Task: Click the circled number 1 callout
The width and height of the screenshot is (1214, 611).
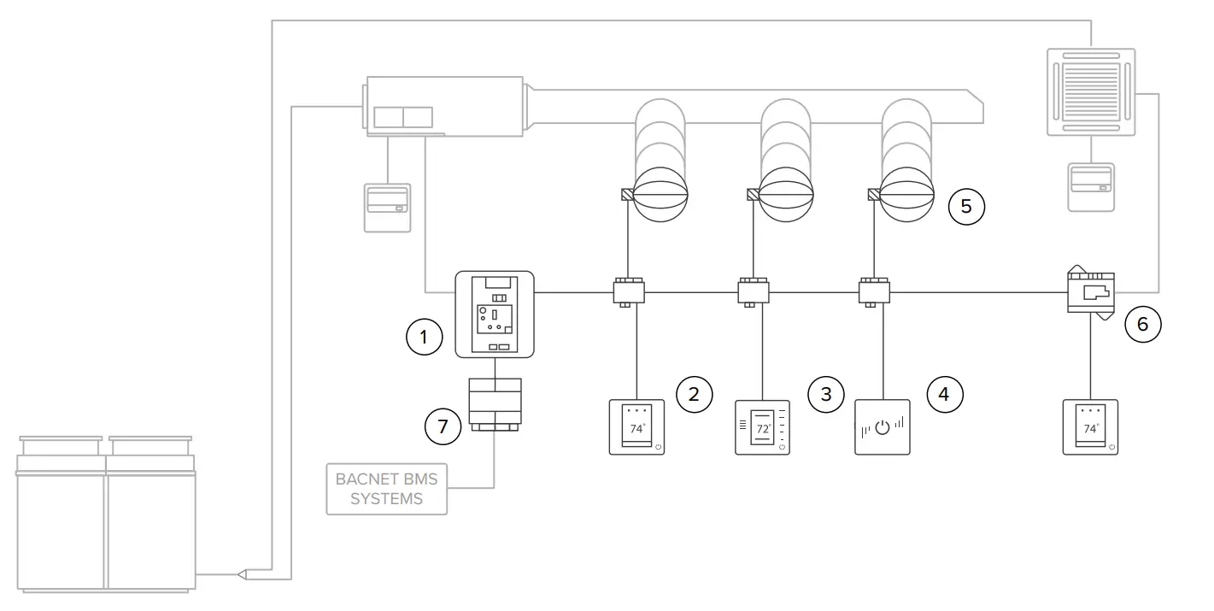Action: click(423, 338)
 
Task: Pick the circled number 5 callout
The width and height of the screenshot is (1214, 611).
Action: click(966, 206)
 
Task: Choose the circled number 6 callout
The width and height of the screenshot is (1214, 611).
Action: click(1143, 324)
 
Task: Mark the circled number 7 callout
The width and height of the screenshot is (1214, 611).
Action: click(443, 426)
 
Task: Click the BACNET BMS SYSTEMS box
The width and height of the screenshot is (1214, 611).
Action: click(386, 489)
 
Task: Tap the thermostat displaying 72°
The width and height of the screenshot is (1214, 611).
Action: click(762, 427)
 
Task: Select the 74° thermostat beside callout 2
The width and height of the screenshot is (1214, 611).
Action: click(636, 427)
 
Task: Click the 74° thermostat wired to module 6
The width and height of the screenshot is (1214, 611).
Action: click(1090, 427)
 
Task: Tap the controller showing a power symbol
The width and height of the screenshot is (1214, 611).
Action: click(883, 427)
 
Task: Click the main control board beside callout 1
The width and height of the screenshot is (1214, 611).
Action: click(495, 314)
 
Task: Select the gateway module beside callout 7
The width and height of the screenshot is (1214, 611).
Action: click(495, 403)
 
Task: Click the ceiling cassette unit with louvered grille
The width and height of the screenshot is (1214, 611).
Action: click(1091, 91)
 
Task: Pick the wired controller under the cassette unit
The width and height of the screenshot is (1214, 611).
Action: click(1091, 187)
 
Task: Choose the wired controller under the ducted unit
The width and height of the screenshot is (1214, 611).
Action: click(387, 207)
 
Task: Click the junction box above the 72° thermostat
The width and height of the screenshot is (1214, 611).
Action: click(754, 291)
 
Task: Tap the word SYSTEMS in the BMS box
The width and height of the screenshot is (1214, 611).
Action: click(386, 499)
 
